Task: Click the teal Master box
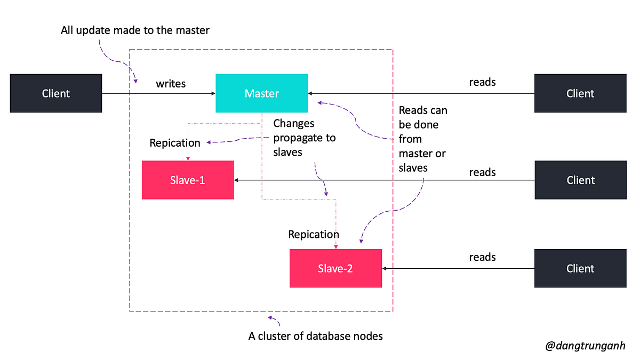pyautogui.click(x=261, y=93)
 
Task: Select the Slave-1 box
pyautogui.click(x=188, y=180)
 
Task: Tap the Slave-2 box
pyautogui.click(x=335, y=268)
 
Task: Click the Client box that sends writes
pyautogui.click(x=56, y=93)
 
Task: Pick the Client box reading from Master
pyautogui.click(x=580, y=93)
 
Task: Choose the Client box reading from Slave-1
pyautogui.click(x=580, y=180)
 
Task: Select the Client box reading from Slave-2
pyautogui.click(x=580, y=268)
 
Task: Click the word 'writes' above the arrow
pyautogui.click(x=171, y=84)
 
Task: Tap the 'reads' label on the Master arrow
pyautogui.click(x=482, y=82)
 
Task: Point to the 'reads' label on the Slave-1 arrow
pyautogui.click(x=482, y=172)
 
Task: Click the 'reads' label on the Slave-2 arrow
pyautogui.click(x=482, y=257)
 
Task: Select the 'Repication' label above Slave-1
pyautogui.click(x=175, y=143)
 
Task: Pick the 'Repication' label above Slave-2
pyautogui.click(x=314, y=234)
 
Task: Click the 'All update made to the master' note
pyautogui.click(x=135, y=30)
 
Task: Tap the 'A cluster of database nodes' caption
pyautogui.click(x=316, y=336)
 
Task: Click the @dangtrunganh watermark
pyautogui.click(x=585, y=346)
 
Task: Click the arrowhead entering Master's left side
pyautogui.click(x=212, y=93)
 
